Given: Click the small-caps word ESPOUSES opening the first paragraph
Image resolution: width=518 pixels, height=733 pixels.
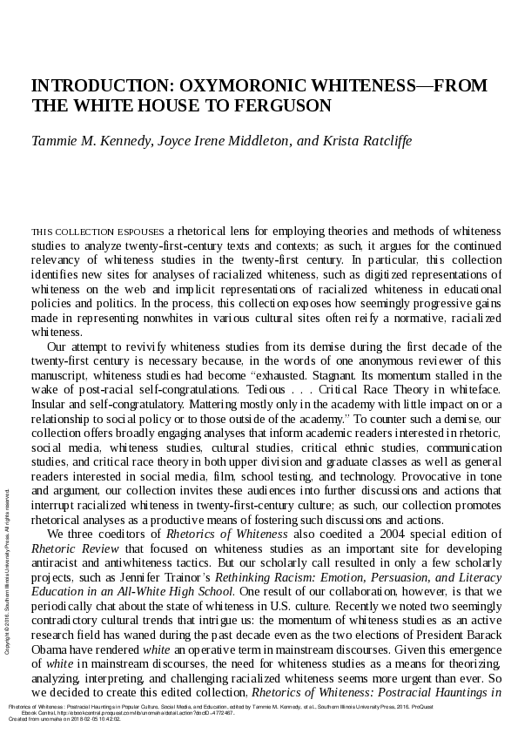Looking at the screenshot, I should coord(140,232).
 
